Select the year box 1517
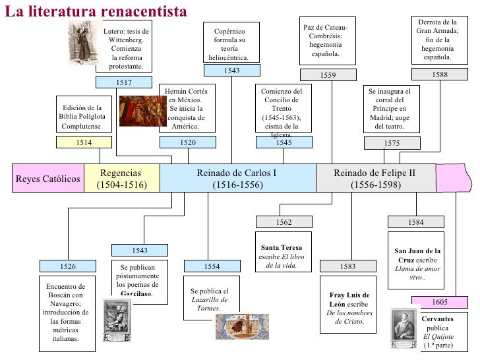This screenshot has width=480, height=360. click(124, 82)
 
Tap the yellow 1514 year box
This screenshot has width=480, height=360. click(83, 142)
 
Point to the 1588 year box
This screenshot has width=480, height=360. click(439, 75)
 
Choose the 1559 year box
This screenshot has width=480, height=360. click(328, 76)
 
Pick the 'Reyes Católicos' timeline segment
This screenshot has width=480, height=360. click(47, 179)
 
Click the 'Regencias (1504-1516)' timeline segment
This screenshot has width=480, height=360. click(122, 179)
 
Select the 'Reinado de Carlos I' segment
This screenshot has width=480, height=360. click(237, 179)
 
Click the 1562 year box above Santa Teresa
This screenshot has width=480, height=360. click(284, 222)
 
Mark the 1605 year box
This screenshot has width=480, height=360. click(440, 302)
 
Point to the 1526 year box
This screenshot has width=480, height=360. click(68, 266)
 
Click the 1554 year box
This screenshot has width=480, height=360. click(212, 266)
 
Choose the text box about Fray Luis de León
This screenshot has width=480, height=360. click(349, 309)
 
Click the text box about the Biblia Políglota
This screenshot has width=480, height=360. click(82, 117)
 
